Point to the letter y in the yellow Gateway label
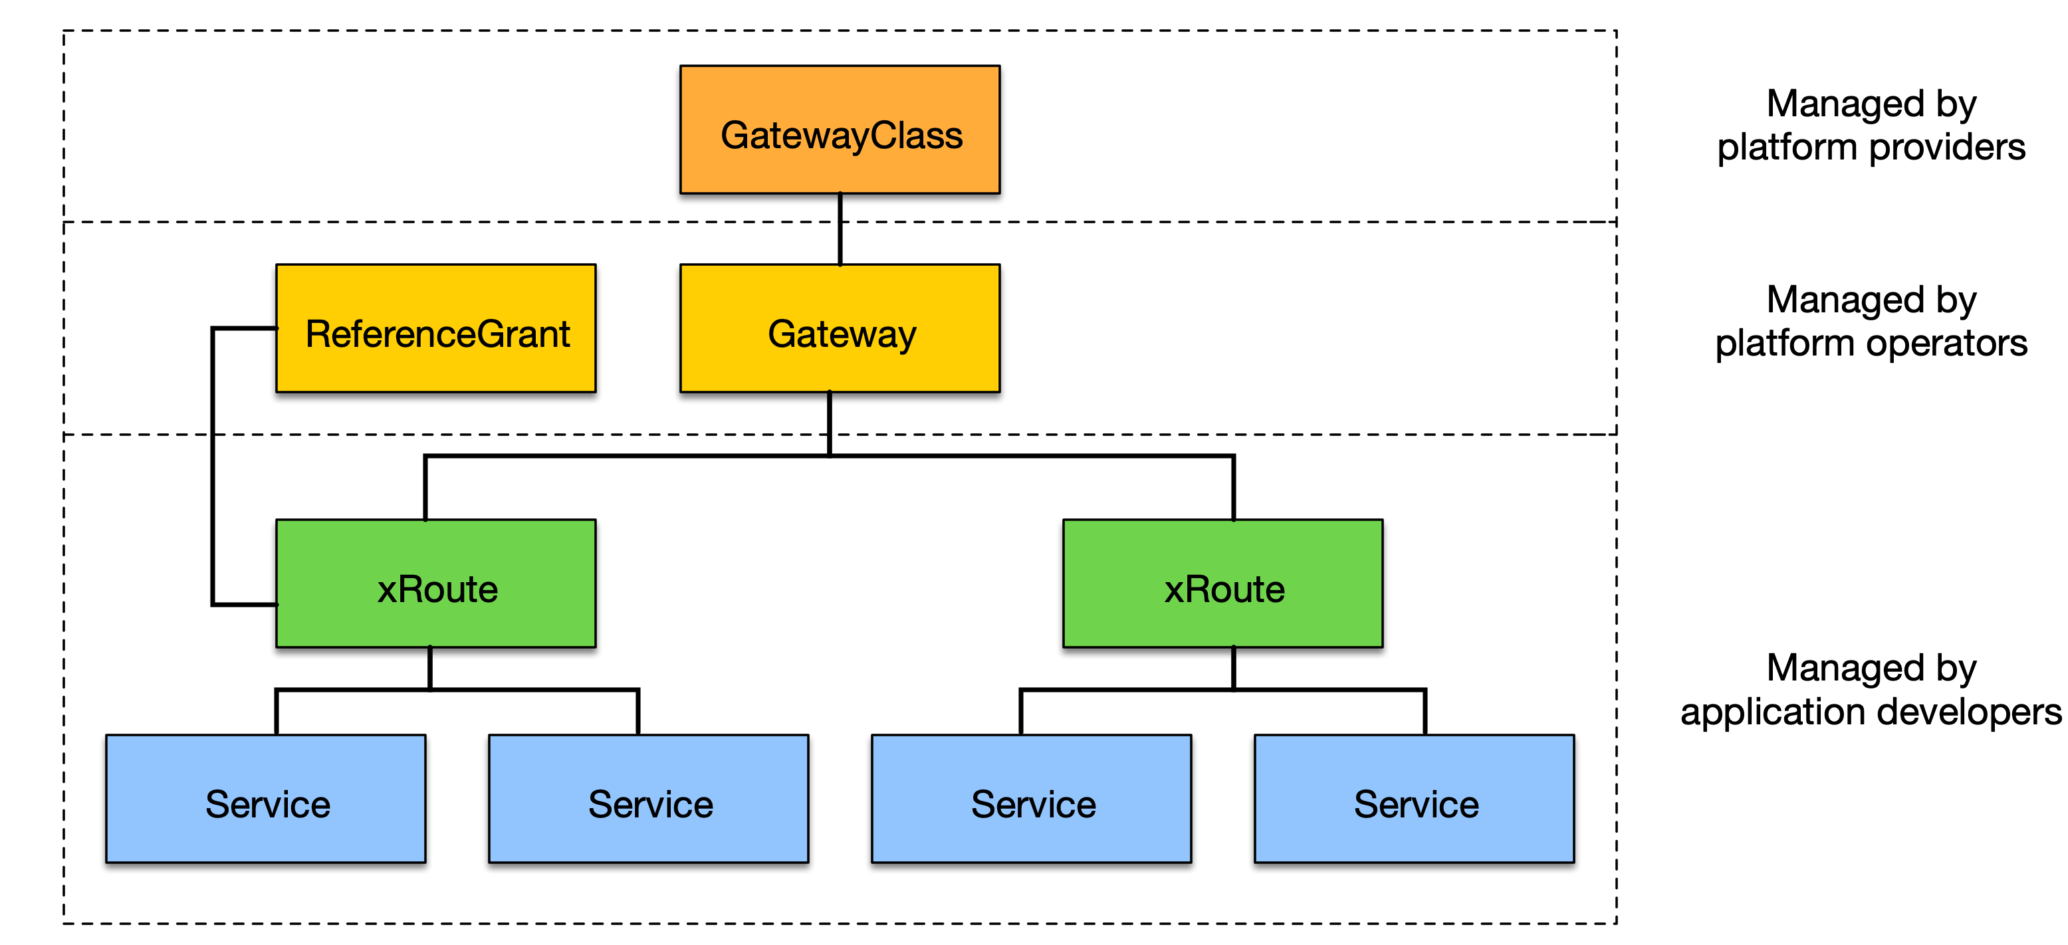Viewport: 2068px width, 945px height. click(905, 337)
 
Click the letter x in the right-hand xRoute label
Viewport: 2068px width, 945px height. click(1175, 591)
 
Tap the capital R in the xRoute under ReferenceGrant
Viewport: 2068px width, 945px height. click(413, 589)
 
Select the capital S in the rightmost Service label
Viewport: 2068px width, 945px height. click(1368, 805)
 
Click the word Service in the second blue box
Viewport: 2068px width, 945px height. click(650, 805)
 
